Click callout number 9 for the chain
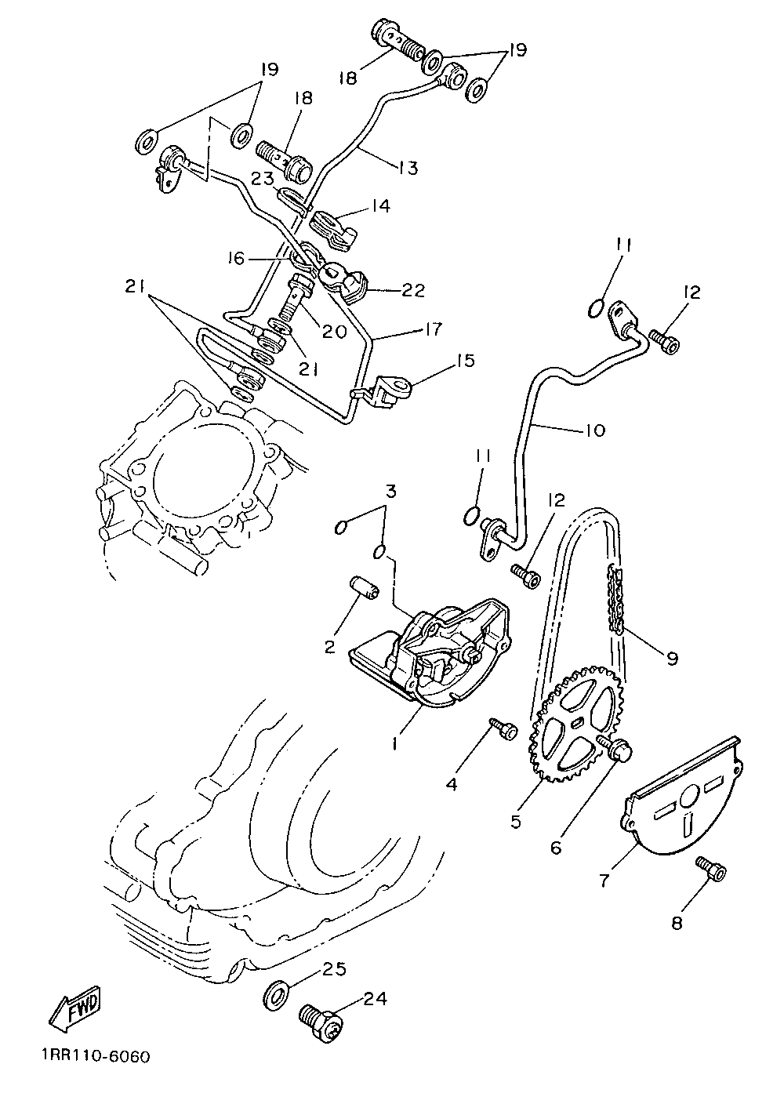pyautogui.click(x=672, y=659)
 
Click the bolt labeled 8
pyautogui.click(x=711, y=869)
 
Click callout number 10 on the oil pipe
pyautogui.click(x=594, y=430)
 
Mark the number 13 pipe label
pyautogui.click(x=407, y=167)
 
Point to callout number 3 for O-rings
pyautogui.click(x=390, y=492)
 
